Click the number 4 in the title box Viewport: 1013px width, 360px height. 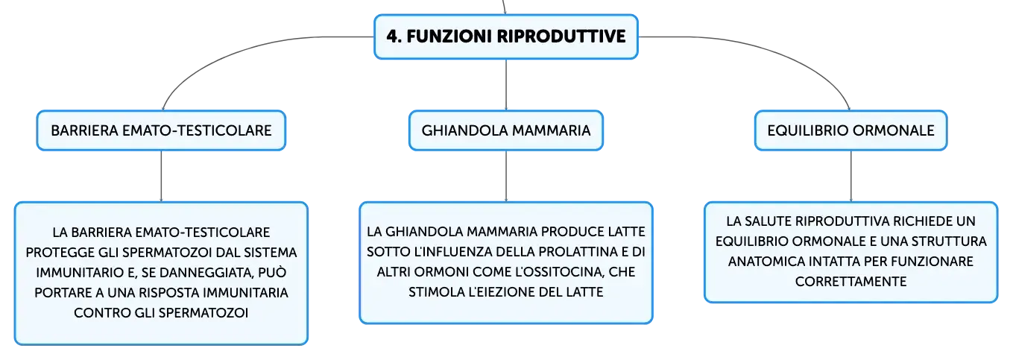pyautogui.click(x=393, y=37)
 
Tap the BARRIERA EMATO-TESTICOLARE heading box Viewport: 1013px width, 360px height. pyautogui.click(x=162, y=130)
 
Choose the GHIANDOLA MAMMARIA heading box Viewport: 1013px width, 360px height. pyautogui.click(x=506, y=130)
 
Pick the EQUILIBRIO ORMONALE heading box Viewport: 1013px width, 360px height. pyautogui.click(x=851, y=130)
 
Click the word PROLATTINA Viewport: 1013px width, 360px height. pyautogui.click(x=576, y=251)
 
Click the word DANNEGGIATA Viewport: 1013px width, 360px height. pyautogui.click(x=210, y=273)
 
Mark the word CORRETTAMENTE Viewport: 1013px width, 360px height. pyautogui.click(x=851, y=282)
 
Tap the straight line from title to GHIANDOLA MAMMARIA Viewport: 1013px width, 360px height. pyautogui.click(x=506, y=84)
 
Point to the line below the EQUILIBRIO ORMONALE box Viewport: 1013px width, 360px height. pyautogui.click(x=851, y=177)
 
